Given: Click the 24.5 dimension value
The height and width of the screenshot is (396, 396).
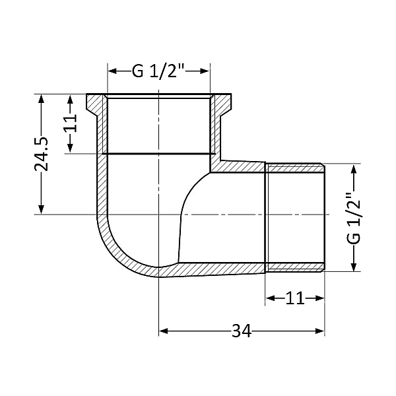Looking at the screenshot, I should click(41, 154).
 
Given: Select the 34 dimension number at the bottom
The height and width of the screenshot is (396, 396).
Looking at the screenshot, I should click(242, 331).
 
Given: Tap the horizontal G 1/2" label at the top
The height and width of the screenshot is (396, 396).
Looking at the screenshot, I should click(158, 71).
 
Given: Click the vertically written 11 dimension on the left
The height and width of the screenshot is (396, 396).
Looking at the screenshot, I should click(72, 123).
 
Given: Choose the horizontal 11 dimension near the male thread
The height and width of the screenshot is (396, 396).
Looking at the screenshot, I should click(294, 298).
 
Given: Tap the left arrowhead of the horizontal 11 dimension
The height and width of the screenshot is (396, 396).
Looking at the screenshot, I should click(270, 298).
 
